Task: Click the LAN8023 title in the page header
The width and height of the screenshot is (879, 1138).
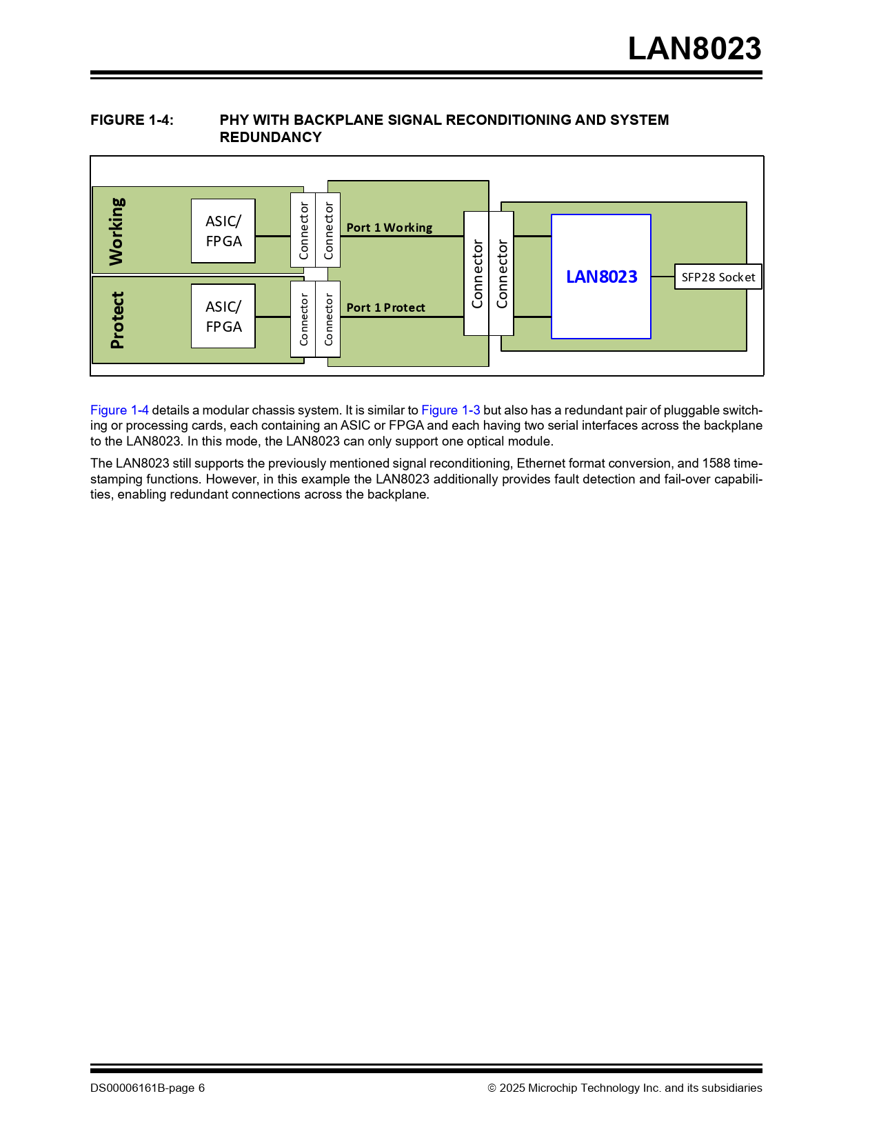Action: (x=694, y=49)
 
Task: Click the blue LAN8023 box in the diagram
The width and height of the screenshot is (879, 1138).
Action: (x=601, y=277)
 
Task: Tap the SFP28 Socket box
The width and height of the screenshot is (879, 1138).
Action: (x=718, y=277)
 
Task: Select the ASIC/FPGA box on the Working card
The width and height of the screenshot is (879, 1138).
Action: (x=223, y=231)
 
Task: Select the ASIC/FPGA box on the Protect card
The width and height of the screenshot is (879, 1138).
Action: (x=223, y=317)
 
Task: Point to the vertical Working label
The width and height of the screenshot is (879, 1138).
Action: (x=117, y=231)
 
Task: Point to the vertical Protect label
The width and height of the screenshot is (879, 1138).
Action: (x=117, y=320)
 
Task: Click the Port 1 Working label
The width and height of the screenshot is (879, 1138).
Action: (x=389, y=228)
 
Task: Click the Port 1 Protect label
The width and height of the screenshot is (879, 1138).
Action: (x=385, y=308)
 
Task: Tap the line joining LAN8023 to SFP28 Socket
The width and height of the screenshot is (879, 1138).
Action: (x=663, y=277)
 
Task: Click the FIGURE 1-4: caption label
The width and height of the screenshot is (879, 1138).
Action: (x=132, y=120)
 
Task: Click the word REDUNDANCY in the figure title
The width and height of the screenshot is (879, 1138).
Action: (x=270, y=137)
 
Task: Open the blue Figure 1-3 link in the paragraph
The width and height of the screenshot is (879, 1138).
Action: (x=450, y=410)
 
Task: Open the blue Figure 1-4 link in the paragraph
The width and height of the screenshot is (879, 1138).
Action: (x=119, y=410)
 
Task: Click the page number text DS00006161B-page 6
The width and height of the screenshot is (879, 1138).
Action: (x=147, y=1088)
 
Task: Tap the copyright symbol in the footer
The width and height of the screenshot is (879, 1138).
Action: (x=492, y=1088)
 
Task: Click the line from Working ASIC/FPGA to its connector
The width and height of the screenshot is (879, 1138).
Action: (x=273, y=236)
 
